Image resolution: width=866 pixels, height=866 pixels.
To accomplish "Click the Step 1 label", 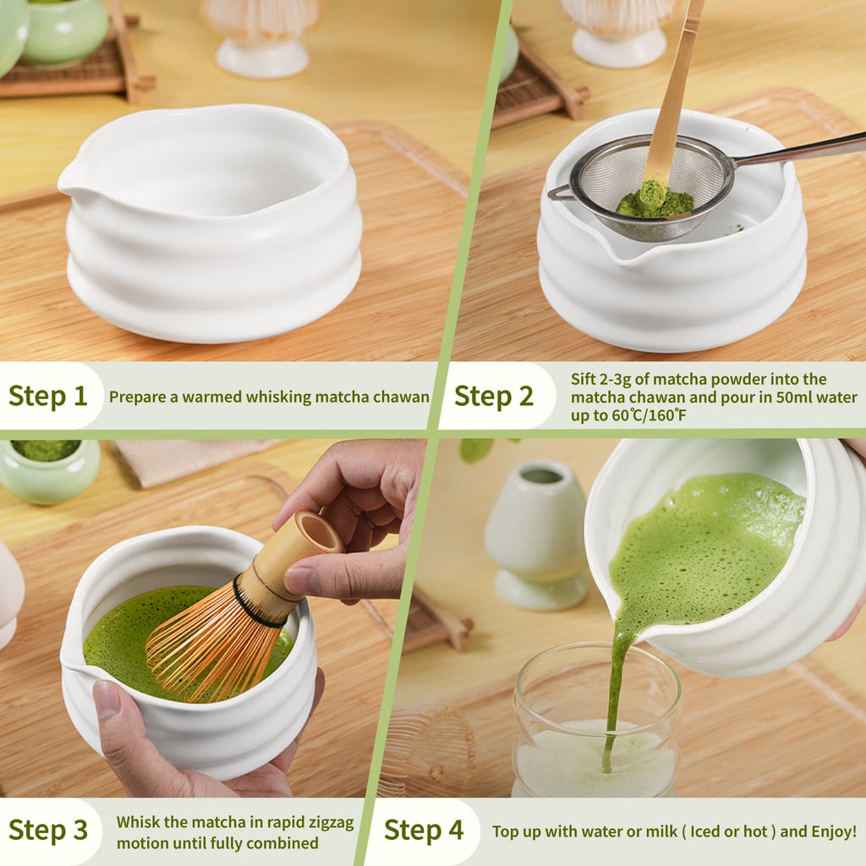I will [48, 396].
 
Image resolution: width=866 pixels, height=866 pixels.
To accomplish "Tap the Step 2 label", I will [494, 396].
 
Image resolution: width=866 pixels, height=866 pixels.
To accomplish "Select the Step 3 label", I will [48, 830].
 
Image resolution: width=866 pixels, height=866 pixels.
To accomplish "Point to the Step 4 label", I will [424, 830].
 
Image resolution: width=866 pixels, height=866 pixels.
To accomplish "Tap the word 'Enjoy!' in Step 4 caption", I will [834, 831].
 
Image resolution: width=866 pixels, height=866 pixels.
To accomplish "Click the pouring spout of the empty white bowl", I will [68, 180].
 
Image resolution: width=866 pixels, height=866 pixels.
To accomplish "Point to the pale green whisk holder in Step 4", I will [538, 533].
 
